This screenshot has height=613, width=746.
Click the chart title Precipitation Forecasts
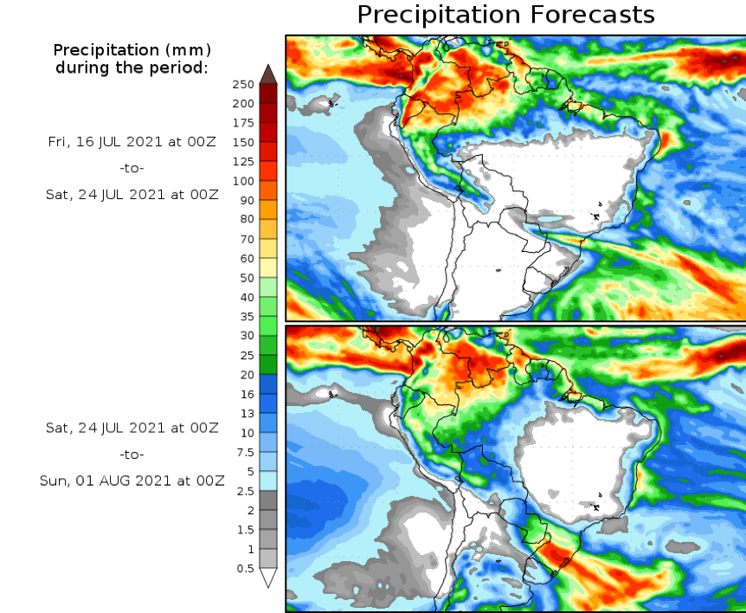[x=505, y=15]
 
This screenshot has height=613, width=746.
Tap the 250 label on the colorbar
[x=243, y=84]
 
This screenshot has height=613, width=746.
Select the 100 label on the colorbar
[x=243, y=181]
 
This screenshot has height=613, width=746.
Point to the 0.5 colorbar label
[x=246, y=568]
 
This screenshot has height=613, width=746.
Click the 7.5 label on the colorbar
[x=246, y=452]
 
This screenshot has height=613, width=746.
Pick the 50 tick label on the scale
[x=247, y=278]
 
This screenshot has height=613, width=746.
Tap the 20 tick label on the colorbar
[x=247, y=375]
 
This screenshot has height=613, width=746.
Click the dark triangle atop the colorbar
[x=268, y=74]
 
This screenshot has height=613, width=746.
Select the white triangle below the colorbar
[x=268, y=578]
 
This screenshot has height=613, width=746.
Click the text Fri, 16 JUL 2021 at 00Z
[x=132, y=141]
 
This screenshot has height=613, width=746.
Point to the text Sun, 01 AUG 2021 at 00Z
[x=132, y=481]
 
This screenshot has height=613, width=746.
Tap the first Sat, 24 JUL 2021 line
[x=132, y=195]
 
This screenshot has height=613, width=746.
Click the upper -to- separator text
[x=132, y=168]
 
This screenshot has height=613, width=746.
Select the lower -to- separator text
[x=132, y=455]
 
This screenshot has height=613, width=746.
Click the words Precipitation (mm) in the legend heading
[x=132, y=50]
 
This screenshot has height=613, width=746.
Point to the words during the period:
[x=132, y=67]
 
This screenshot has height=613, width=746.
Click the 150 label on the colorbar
[x=243, y=142]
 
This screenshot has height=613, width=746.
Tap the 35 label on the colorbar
[x=247, y=316]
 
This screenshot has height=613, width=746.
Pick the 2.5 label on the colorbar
[x=246, y=491]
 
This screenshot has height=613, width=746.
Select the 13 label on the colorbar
[x=247, y=413]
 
